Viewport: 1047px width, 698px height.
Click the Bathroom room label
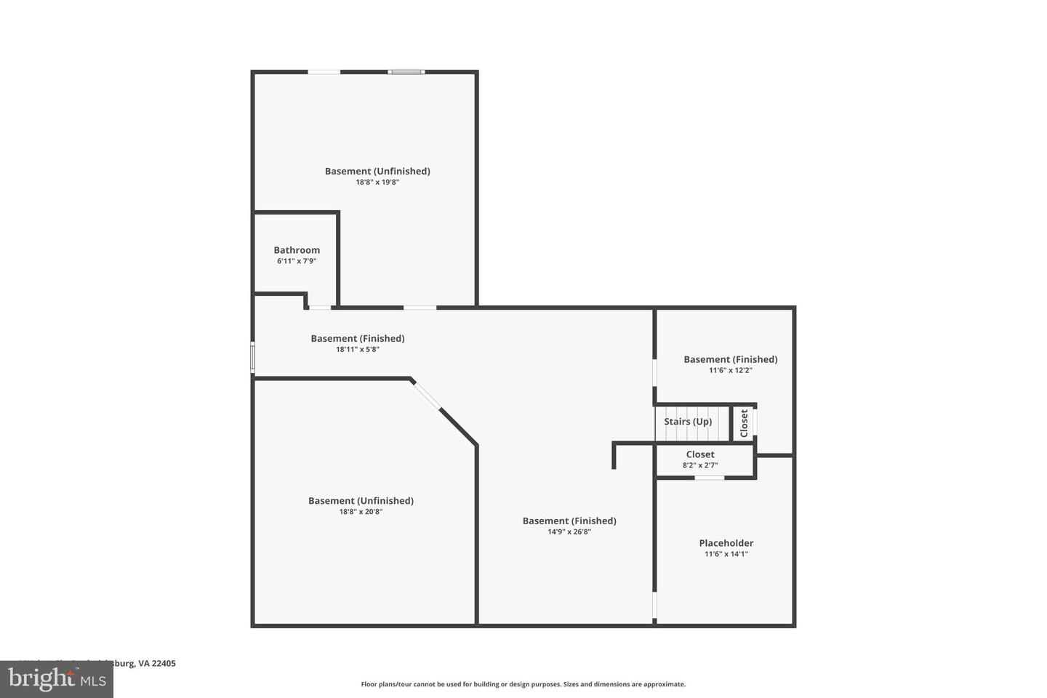click(297, 250)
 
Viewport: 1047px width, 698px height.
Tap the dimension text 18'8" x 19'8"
click(377, 182)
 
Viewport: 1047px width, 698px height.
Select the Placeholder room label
click(726, 543)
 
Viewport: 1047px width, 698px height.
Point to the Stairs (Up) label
click(688, 422)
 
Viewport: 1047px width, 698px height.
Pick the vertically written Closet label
click(744, 423)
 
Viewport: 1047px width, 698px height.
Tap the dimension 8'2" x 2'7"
click(700, 465)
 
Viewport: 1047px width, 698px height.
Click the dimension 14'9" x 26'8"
click(569, 532)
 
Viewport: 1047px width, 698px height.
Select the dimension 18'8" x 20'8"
click(361, 512)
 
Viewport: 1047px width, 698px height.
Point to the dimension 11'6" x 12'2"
click(731, 370)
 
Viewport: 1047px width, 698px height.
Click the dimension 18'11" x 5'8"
click(358, 350)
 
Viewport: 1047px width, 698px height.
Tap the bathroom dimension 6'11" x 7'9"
click(297, 261)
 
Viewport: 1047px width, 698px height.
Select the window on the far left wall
click(253, 358)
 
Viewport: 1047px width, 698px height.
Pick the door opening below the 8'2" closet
click(709, 478)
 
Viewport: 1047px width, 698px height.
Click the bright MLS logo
click(56, 679)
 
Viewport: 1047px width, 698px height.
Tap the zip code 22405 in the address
click(164, 663)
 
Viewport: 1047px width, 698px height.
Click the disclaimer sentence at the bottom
click(523, 684)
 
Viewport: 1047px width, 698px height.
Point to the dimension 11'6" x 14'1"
click(726, 554)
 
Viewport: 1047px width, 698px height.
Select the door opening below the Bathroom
click(320, 308)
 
